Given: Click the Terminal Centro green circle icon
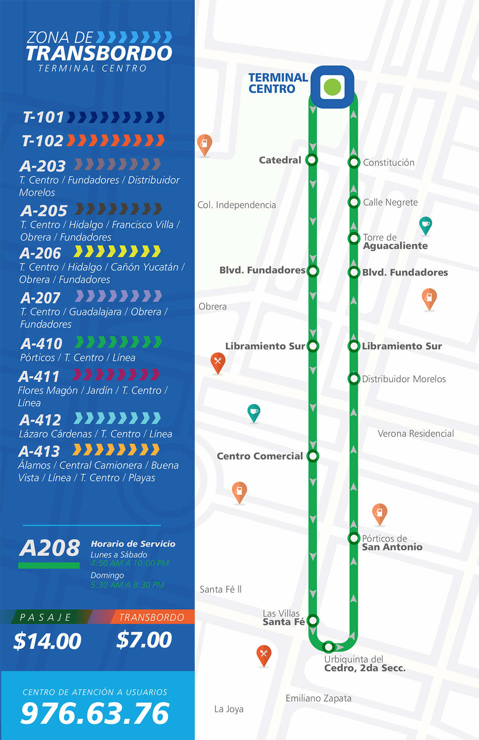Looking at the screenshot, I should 333,87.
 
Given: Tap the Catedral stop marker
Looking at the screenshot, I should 312,160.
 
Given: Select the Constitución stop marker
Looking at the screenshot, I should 354,162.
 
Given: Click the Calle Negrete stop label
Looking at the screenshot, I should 390,202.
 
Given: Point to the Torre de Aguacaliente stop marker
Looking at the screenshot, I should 354,239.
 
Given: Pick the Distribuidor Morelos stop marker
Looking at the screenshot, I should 354,378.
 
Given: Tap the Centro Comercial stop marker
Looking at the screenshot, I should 313,456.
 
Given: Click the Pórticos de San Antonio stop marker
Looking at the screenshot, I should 354,539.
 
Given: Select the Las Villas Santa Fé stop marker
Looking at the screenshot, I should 313,620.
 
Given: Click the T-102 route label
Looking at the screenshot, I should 43,141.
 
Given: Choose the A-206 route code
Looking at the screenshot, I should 40,253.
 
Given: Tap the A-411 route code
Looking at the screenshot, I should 39,377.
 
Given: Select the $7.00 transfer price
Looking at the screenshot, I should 144,640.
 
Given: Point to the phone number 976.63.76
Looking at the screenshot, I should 95,713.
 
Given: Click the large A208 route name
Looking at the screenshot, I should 49,548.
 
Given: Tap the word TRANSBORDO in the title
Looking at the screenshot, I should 99,53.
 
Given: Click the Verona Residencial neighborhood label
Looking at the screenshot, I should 416,434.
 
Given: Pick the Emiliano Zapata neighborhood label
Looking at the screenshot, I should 319,698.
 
